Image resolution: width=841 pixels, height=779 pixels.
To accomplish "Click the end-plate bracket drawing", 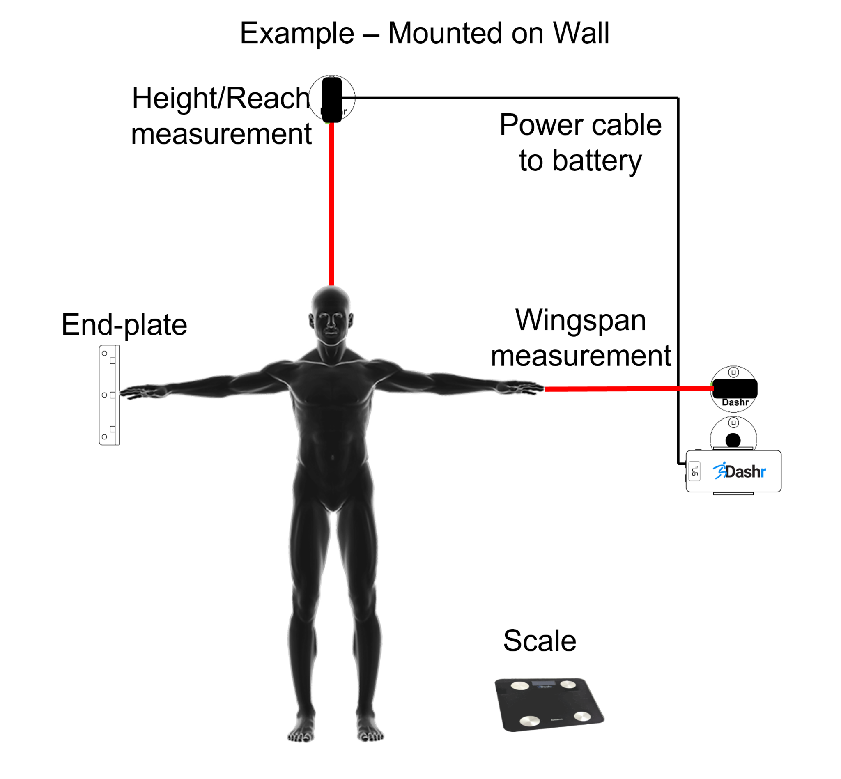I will pos(109,395).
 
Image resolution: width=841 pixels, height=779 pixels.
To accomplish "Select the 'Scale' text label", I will pos(539,641).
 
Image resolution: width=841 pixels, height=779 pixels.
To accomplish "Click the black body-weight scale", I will pos(548,704).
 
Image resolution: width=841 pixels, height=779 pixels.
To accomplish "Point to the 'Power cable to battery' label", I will pos(580,142).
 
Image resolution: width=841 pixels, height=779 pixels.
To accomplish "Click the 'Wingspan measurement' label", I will pos(581,338).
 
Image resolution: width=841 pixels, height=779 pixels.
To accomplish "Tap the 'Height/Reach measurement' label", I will pos(221,115).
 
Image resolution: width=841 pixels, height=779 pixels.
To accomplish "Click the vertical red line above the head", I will pos(332,202).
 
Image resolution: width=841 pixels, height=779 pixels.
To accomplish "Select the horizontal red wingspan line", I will pos(628,388).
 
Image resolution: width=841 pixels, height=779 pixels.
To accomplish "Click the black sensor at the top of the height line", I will pos(332,99).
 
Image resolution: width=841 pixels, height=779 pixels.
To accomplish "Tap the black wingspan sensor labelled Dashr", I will pos(734,388).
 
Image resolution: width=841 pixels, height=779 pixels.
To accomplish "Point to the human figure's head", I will pos(331,314).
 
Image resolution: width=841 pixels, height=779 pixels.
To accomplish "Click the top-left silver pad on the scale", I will pos(519,685).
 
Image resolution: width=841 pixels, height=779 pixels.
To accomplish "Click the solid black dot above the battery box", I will pos(733,440).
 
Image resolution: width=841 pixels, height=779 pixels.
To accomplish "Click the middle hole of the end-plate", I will pos(104,395).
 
